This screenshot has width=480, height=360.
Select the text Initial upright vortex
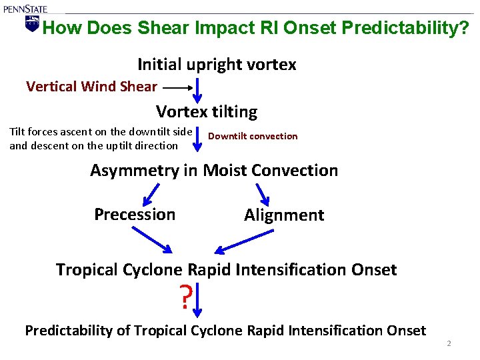217,65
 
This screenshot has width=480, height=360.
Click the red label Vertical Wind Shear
91,86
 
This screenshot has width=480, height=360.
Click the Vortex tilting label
207,111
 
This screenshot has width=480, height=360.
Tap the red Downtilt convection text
253,136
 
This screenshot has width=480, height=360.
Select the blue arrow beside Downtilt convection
198,137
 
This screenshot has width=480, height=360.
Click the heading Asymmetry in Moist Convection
214,171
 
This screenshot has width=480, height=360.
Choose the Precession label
135,215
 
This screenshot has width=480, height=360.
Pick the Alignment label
284,215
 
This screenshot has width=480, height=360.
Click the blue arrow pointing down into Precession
151,194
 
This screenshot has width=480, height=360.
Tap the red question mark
185,297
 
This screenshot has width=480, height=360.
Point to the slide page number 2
449,343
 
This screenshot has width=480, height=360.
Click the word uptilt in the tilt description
115,145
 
